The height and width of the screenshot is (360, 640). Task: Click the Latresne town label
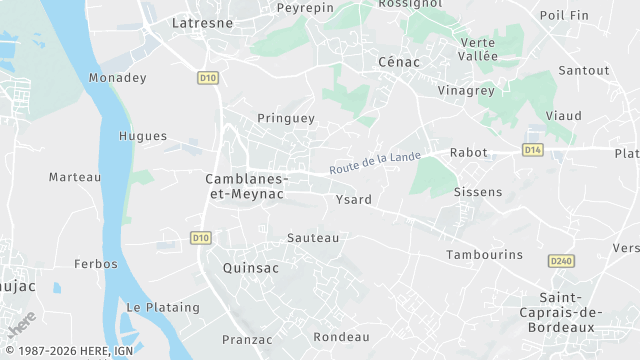tap(203, 21)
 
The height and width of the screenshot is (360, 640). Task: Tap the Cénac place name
tap(399, 62)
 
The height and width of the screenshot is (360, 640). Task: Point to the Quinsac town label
tap(250, 268)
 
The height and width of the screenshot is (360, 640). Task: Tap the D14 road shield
tap(532, 150)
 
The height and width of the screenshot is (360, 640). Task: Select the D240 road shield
tap(561, 261)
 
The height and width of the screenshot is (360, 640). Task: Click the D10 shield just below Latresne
tap(207, 77)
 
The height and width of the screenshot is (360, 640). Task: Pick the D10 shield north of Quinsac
tap(200, 237)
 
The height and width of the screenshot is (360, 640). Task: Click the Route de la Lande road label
tap(375, 162)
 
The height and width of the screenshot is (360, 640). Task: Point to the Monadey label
tap(117, 78)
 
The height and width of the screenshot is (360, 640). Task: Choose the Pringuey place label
tap(286, 118)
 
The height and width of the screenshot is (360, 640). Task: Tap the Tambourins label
tap(484, 255)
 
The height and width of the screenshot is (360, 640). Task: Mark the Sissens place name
tap(477, 191)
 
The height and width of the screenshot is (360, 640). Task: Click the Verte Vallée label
tap(479, 49)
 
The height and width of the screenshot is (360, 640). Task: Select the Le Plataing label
tap(163, 307)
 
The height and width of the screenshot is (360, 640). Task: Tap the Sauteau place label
tap(313, 238)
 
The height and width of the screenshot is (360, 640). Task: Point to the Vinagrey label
tap(466, 90)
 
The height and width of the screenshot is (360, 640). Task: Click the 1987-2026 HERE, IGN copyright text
tap(69, 351)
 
